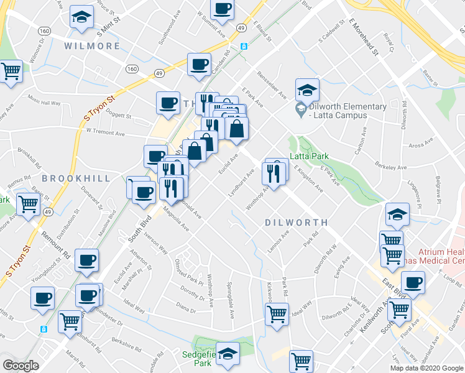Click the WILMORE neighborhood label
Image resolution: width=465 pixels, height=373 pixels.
point(92,46)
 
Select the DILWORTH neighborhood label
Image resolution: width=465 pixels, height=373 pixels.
point(296,222)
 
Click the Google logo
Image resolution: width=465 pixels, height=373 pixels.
point(21,366)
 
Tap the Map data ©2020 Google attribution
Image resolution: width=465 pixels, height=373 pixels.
point(426,368)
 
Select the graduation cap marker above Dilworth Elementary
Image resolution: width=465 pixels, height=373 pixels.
point(307,91)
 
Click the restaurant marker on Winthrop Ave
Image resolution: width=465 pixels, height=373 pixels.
point(276,172)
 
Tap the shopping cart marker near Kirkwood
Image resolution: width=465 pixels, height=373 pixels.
point(277,313)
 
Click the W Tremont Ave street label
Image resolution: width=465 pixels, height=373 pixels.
point(106,132)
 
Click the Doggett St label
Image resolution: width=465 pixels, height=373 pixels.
point(119,116)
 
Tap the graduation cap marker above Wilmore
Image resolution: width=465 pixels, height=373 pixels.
point(81,18)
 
